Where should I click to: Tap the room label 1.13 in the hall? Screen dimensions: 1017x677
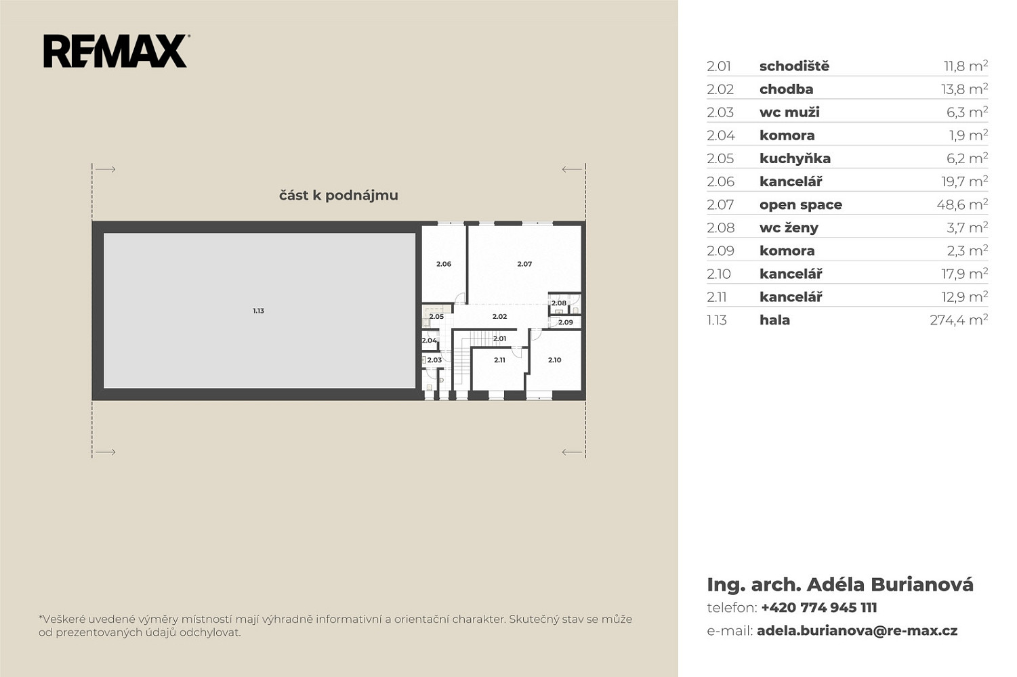click(x=258, y=311)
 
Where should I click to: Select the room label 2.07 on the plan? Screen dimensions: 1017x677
click(x=524, y=263)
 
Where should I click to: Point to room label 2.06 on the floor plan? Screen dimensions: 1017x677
click(x=444, y=263)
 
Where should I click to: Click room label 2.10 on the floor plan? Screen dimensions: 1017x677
click(x=554, y=360)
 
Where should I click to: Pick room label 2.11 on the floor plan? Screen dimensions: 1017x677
click(x=499, y=360)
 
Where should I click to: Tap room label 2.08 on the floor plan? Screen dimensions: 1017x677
click(x=559, y=303)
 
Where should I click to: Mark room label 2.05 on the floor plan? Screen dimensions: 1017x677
click(x=436, y=316)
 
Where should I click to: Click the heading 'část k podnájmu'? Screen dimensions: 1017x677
click(x=339, y=195)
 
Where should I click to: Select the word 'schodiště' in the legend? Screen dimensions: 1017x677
click(x=794, y=66)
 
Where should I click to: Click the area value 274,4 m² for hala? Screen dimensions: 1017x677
click(x=959, y=320)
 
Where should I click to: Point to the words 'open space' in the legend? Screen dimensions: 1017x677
click(x=800, y=205)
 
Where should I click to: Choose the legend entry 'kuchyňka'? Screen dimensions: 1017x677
click(x=795, y=158)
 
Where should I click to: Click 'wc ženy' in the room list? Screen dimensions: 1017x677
click(x=789, y=227)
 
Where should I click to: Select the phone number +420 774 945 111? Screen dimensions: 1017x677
click(x=819, y=607)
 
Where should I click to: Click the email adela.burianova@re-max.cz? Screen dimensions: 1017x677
click(x=857, y=631)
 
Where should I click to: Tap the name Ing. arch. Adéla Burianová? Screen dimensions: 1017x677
click(x=840, y=585)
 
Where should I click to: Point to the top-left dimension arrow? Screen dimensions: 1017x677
click(x=106, y=169)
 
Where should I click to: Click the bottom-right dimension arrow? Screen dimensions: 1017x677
click(x=572, y=452)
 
